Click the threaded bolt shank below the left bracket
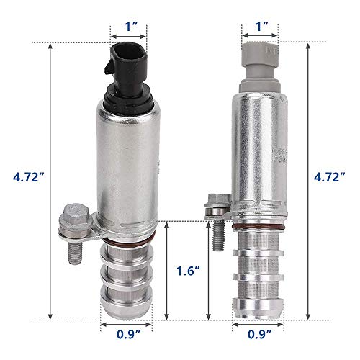[x=73, y=252]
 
